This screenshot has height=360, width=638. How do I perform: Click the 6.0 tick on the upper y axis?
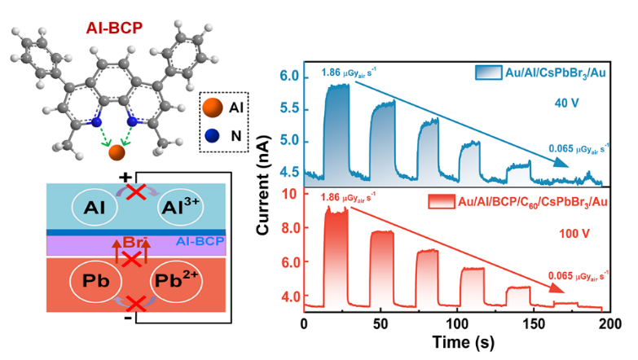288,77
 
